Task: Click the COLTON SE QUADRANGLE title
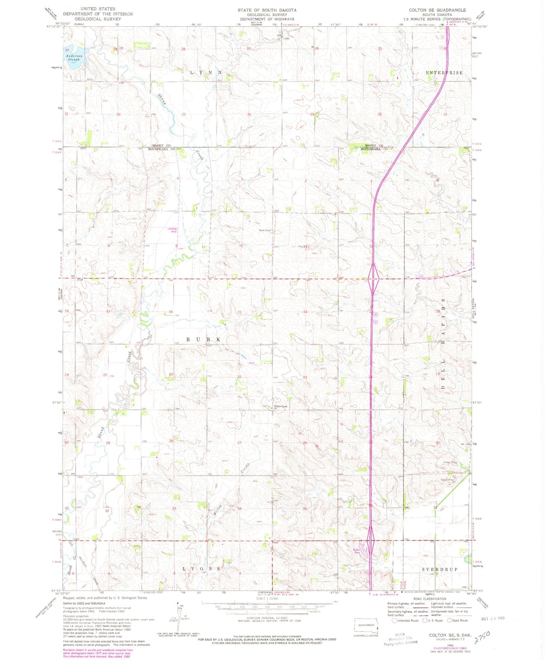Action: click(x=437, y=10)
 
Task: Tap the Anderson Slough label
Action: click(x=74, y=58)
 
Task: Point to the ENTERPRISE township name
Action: click(x=444, y=73)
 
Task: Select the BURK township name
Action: click(x=203, y=339)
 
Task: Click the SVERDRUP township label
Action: click(x=440, y=569)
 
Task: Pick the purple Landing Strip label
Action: click(x=172, y=230)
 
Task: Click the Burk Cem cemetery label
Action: click(x=264, y=230)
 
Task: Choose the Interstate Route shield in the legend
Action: click(x=395, y=620)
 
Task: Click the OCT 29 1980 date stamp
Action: click(x=493, y=618)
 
